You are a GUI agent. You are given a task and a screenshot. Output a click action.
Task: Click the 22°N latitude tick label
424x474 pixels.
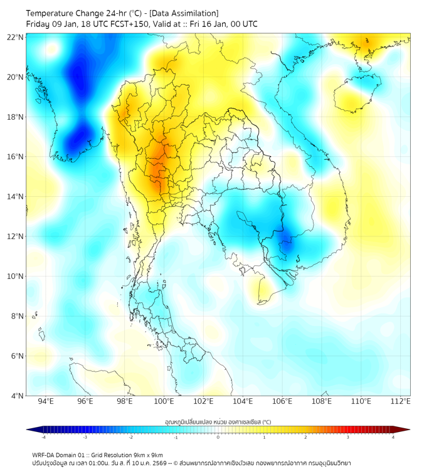(16, 38)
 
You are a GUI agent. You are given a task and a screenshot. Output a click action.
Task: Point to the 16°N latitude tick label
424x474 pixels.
(16, 157)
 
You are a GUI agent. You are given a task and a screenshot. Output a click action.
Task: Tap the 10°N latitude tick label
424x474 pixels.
(16, 276)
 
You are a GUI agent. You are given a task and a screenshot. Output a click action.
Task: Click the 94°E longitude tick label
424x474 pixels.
(46, 401)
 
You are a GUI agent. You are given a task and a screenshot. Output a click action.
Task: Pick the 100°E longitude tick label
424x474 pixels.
(164, 401)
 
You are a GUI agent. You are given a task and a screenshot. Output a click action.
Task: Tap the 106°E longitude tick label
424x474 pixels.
(282, 401)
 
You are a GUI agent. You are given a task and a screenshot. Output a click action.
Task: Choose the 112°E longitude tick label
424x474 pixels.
(401, 401)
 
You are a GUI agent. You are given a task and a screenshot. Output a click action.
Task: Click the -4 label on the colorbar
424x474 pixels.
(43, 437)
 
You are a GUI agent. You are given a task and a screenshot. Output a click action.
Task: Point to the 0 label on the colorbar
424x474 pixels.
(218, 437)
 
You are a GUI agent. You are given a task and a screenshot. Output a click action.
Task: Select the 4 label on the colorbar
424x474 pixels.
(393, 437)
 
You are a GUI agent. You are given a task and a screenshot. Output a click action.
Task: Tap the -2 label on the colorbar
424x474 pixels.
(130, 437)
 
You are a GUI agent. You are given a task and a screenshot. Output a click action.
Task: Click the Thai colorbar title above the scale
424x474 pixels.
(218, 421)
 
